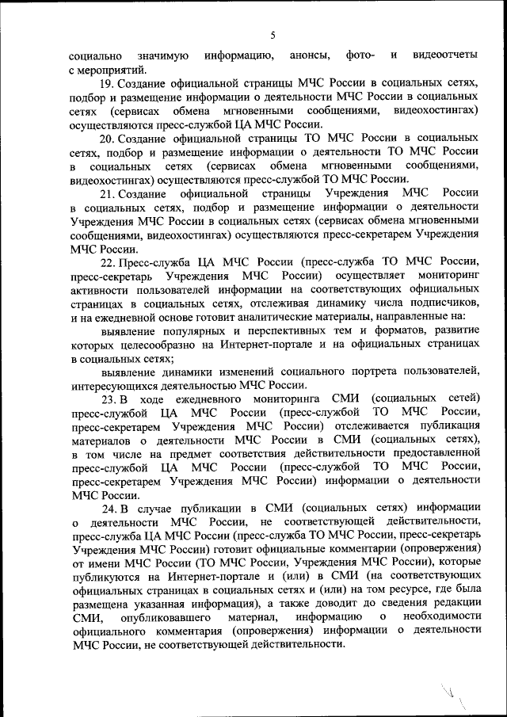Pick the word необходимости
click(x=440, y=617)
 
